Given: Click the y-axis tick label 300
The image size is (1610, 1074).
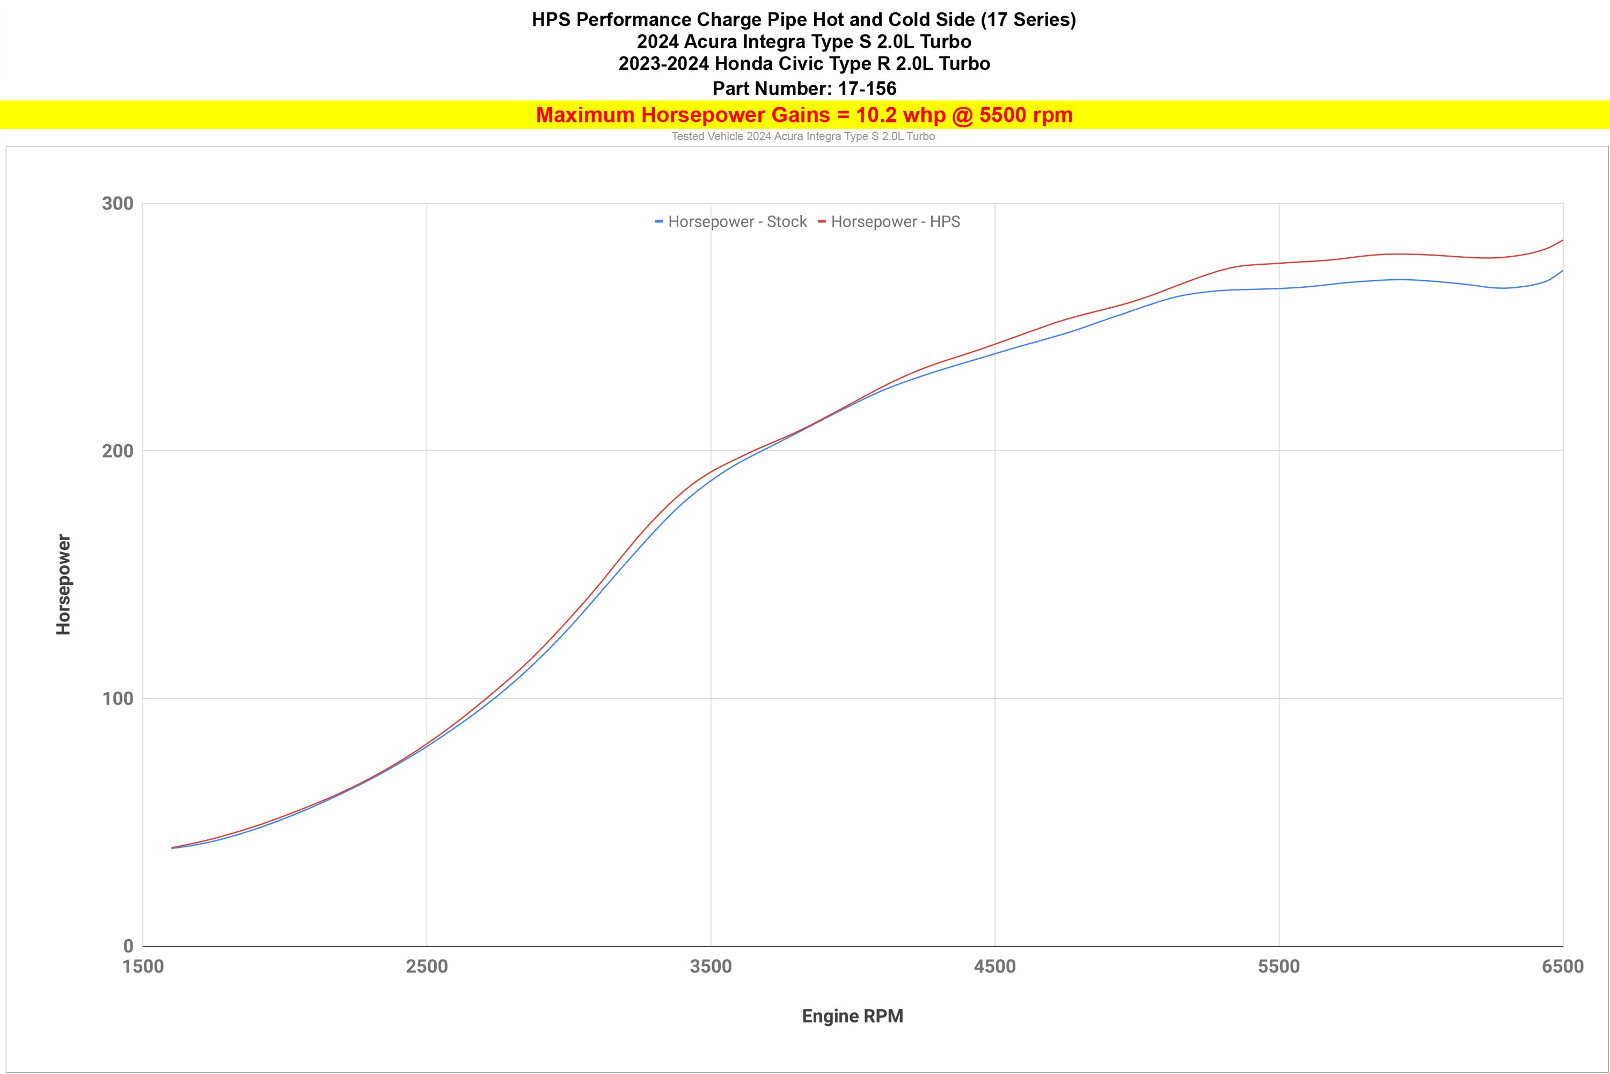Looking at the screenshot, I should (x=118, y=204).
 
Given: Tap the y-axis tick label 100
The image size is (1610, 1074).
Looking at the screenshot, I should (x=118, y=699).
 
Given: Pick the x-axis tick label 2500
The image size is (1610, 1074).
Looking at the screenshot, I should (x=427, y=967).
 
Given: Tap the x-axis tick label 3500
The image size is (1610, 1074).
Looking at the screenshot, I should (x=711, y=967).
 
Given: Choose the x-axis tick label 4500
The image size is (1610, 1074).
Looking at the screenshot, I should (x=994, y=967).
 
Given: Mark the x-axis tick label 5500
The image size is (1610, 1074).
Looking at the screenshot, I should (x=1279, y=967).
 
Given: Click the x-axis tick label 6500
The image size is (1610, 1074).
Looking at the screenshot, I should (x=1563, y=967).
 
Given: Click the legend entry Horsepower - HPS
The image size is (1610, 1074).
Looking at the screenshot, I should (x=889, y=222).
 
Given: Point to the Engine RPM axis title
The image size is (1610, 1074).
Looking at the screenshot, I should (x=852, y=1016).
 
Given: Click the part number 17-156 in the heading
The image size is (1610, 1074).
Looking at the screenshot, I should (x=867, y=89).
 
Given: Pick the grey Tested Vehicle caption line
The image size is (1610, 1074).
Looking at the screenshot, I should (x=803, y=136).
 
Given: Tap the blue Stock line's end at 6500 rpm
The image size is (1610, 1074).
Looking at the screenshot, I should (x=1562, y=271).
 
